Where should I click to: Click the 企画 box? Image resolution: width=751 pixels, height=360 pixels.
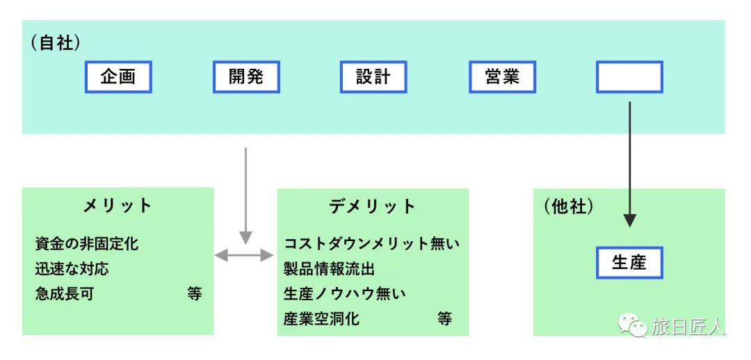pyautogui.click(x=118, y=76)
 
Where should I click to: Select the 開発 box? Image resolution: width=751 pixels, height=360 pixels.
pyautogui.click(x=246, y=76)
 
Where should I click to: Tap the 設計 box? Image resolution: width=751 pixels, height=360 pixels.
pyautogui.click(x=373, y=76)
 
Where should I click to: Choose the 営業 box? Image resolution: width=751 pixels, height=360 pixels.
pyautogui.click(x=503, y=76)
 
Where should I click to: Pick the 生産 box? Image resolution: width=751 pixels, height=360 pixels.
pyautogui.click(x=630, y=262)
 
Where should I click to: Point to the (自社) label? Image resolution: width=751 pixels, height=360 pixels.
pyautogui.click(x=56, y=43)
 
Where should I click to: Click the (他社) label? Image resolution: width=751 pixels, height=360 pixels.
pyautogui.click(x=569, y=206)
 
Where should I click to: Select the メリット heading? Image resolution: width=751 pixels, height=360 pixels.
pyautogui.click(x=118, y=206)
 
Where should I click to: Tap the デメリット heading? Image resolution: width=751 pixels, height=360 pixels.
pyautogui.click(x=373, y=206)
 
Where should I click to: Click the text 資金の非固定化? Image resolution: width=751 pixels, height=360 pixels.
pyautogui.click(x=87, y=244)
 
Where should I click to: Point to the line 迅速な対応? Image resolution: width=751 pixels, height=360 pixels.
pyautogui.click(x=72, y=268)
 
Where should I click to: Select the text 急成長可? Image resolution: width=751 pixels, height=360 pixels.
pyautogui.click(x=64, y=293)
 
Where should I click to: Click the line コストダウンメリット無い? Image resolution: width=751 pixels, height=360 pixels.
pyautogui.click(x=371, y=244)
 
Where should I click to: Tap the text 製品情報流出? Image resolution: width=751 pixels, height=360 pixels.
pyautogui.click(x=329, y=269)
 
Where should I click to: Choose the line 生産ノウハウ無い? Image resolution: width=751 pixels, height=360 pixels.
pyautogui.click(x=345, y=293)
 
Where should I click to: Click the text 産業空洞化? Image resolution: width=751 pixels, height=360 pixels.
pyautogui.click(x=321, y=318)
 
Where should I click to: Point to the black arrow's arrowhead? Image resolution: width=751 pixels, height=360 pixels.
pyautogui.click(x=630, y=221)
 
